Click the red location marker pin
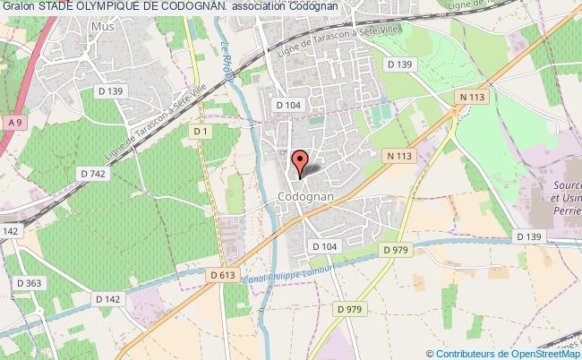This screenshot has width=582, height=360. tap(302, 162)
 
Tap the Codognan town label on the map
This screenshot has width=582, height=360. tap(306, 194)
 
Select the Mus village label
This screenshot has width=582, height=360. tap(103, 28)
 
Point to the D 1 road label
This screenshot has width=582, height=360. tap(201, 133)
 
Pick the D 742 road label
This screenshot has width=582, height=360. tap(93, 174)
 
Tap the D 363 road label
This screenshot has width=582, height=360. tap(29, 284)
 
